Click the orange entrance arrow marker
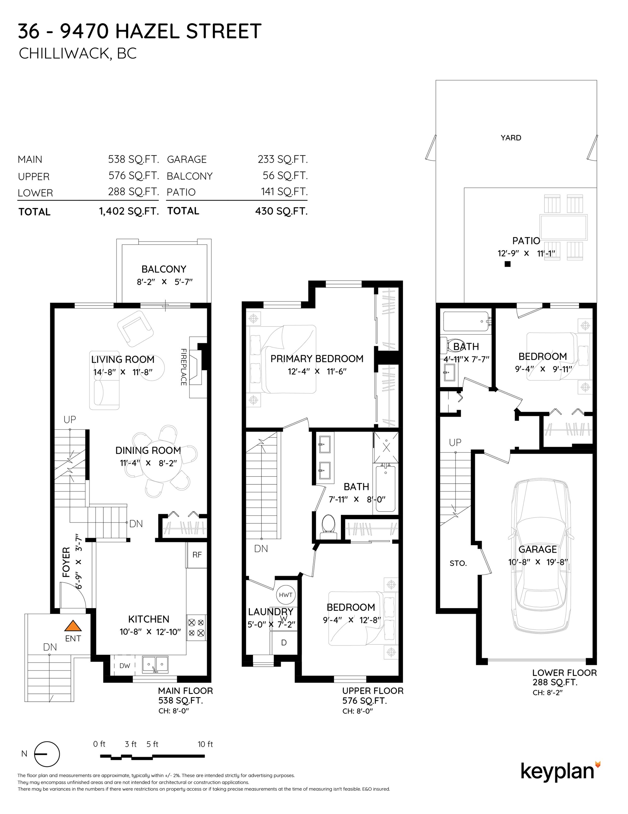click(73, 625)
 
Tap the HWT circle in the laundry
click(285, 595)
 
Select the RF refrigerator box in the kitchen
click(197, 555)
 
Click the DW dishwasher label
click(125, 666)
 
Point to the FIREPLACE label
click(183, 367)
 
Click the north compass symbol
click(47, 754)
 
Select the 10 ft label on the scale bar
click(205, 744)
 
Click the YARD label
click(511, 138)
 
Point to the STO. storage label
click(458, 563)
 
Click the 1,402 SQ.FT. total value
click(129, 211)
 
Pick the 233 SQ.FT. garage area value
click(283, 159)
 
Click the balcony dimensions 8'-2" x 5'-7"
click(164, 282)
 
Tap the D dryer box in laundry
click(284, 643)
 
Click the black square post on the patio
click(507, 264)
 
